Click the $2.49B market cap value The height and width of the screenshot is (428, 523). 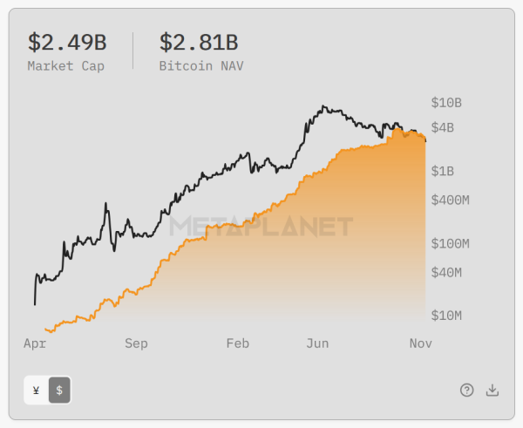66,43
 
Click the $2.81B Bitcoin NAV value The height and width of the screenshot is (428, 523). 198,43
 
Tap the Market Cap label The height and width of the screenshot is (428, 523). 65,65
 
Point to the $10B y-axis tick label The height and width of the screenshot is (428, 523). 446,103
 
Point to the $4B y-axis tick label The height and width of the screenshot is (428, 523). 443,128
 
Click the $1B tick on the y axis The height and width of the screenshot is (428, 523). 443,171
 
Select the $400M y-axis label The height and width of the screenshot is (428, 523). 451,200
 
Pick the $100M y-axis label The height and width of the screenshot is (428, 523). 451,243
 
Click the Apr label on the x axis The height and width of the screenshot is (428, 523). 34,343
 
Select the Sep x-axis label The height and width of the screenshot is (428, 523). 136,343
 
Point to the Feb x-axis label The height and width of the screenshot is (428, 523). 237,343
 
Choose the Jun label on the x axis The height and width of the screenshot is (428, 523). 317,343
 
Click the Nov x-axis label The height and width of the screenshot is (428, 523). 421,343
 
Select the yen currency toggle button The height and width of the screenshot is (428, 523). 36,391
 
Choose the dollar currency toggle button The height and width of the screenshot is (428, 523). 59,391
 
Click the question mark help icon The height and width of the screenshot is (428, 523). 467,391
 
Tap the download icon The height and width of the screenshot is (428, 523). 492,391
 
